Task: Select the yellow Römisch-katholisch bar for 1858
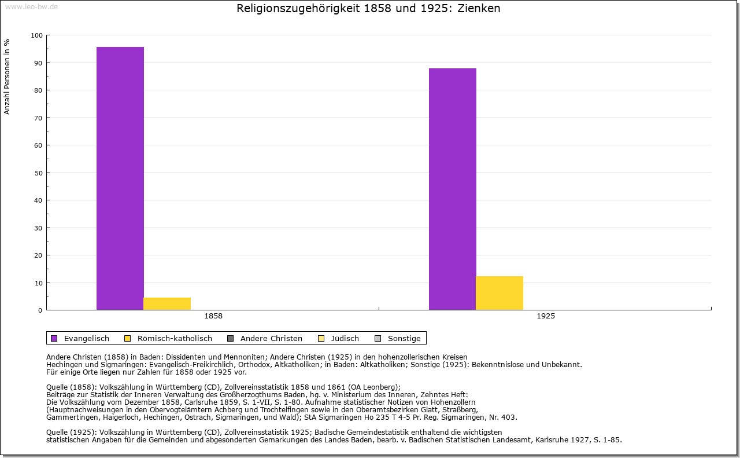pos(167,303)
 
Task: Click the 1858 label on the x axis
pos(213,317)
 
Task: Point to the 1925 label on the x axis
pos(546,317)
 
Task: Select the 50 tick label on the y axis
pos(39,173)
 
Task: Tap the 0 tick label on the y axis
pos(40,310)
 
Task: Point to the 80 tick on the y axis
pos(39,90)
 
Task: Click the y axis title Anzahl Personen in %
pos(8,77)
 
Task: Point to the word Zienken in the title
pos(479,9)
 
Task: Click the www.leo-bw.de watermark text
pos(31,6)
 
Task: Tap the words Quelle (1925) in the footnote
pos(72,432)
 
